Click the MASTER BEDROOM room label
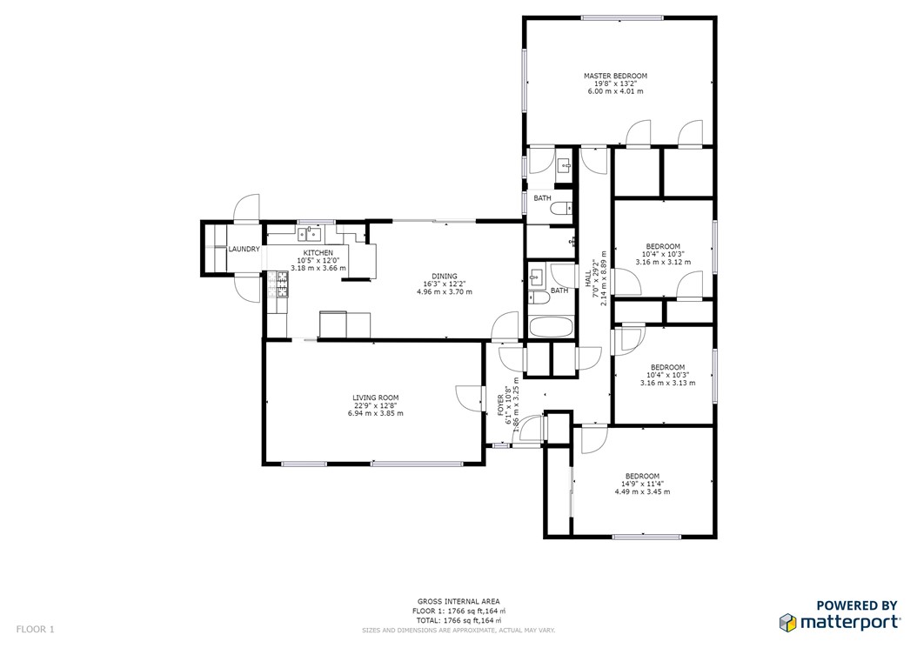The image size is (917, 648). pos(615,76)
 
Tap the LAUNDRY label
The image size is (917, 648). pos(244,250)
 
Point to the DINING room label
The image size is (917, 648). pos(444,275)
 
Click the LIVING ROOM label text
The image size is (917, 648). pos(375,397)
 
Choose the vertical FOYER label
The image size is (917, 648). pos(500,405)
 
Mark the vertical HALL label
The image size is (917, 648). pos(588,278)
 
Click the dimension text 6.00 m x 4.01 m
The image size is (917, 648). pos(615,91)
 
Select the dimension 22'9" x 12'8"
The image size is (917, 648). pos(375,405)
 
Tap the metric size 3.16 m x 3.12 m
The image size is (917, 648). pos(663,262)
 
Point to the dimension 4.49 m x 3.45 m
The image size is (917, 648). pos(642,491)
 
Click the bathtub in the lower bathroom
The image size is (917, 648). pos(552,328)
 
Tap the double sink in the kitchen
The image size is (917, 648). pos(308,233)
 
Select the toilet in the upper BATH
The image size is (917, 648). pos(563,207)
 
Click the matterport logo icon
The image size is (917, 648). pos(787,623)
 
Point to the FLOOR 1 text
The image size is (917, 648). pos(34,628)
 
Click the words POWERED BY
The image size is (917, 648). pos(856,606)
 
